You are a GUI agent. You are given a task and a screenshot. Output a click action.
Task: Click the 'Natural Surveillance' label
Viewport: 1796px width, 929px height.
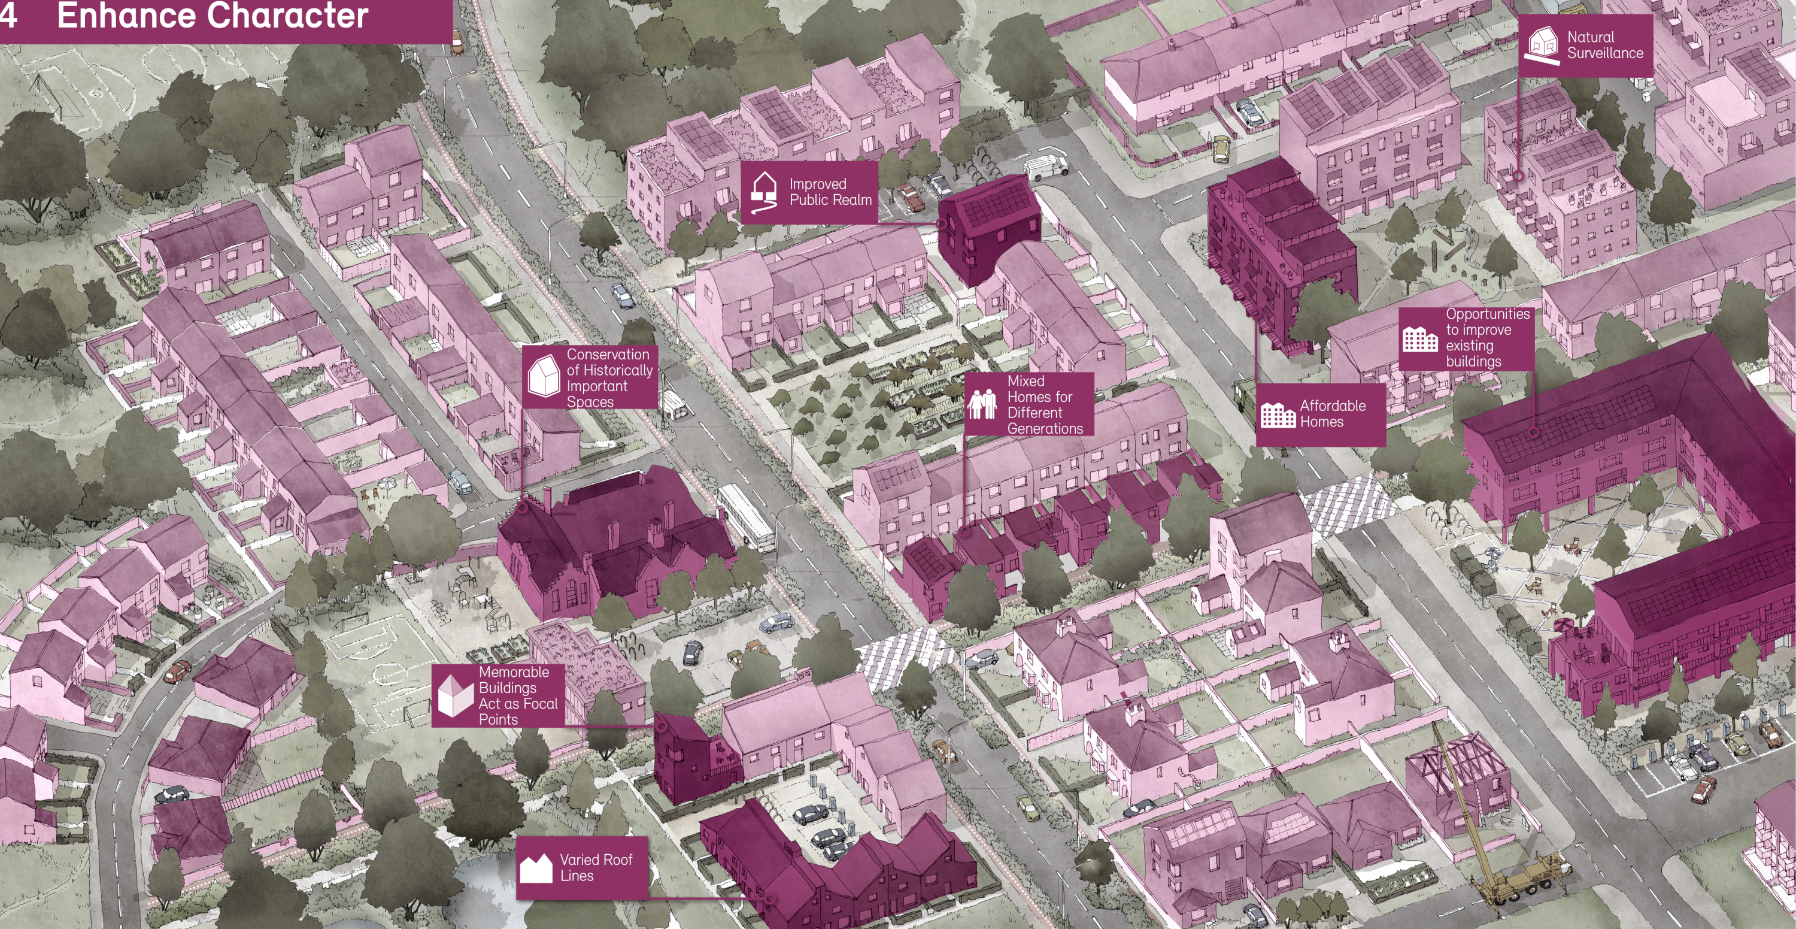pyautogui.click(x=1604, y=45)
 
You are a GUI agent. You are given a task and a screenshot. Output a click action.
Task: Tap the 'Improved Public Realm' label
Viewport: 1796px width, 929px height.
pyautogui.click(x=830, y=192)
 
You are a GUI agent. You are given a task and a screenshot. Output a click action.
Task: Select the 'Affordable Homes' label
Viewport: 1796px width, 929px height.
pyautogui.click(x=1331, y=413)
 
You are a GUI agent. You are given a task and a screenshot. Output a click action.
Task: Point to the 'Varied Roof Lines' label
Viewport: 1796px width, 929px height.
pyautogui.click(x=596, y=868)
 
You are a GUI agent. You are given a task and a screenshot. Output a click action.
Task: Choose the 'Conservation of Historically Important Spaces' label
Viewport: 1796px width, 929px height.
pyautogui.click(x=608, y=377)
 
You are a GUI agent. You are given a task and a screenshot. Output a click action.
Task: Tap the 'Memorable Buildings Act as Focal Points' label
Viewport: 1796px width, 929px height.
pyautogui.click(x=517, y=695)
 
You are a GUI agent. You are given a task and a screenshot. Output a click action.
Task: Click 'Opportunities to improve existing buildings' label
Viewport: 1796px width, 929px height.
pyautogui.click(x=1486, y=338)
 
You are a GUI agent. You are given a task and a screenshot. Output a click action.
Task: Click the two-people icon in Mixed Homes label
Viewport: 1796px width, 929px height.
pyautogui.click(x=982, y=404)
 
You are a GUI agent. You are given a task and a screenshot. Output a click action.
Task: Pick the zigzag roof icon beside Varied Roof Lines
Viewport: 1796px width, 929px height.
pyautogui.click(x=536, y=869)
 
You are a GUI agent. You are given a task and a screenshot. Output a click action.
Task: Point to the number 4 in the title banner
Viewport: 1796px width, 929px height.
pyautogui.click(x=8, y=16)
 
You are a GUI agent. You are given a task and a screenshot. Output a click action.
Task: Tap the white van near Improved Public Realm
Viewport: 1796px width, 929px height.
pyautogui.click(x=1045, y=167)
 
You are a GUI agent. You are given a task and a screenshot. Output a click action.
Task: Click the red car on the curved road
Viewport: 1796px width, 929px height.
pyautogui.click(x=177, y=671)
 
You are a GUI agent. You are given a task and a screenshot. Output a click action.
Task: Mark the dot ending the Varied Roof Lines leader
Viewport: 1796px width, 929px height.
pyautogui.click(x=770, y=899)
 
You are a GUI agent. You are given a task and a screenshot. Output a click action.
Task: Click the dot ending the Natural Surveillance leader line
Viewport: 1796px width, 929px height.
pyautogui.click(x=1518, y=177)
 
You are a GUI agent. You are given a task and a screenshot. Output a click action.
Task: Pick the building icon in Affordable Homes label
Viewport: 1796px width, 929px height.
pyautogui.click(x=1278, y=415)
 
